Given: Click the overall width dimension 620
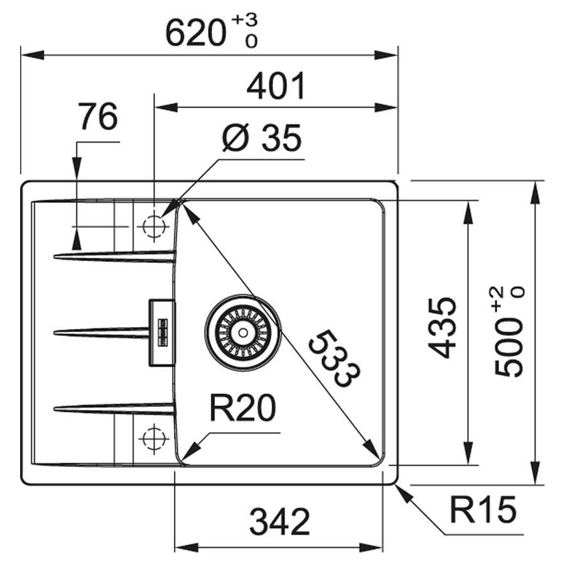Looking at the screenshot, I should click(x=195, y=33).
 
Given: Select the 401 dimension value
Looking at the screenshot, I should click(x=276, y=87).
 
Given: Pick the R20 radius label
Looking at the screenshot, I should click(x=242, y=411).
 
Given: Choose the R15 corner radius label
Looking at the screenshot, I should click(x=483, y=510).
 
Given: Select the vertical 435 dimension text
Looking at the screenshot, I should click(x=444, y=328).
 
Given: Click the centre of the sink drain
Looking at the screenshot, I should click(x=242, y=331).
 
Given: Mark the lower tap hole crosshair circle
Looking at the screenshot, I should click(x=152, y=438).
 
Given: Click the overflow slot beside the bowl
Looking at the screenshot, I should click(x=162, y=331).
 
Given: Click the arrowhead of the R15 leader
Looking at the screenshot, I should click(x=402, y=490).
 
